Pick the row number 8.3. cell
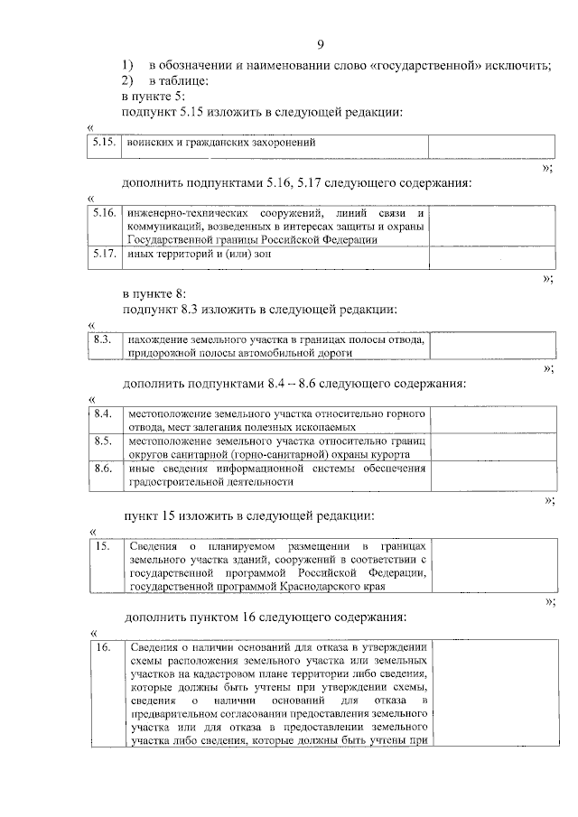click(x=102, y=339)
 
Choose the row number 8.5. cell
click(x=102, y=441)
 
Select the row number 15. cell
click(x=102, y=546)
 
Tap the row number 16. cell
click(x=102, y=647)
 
